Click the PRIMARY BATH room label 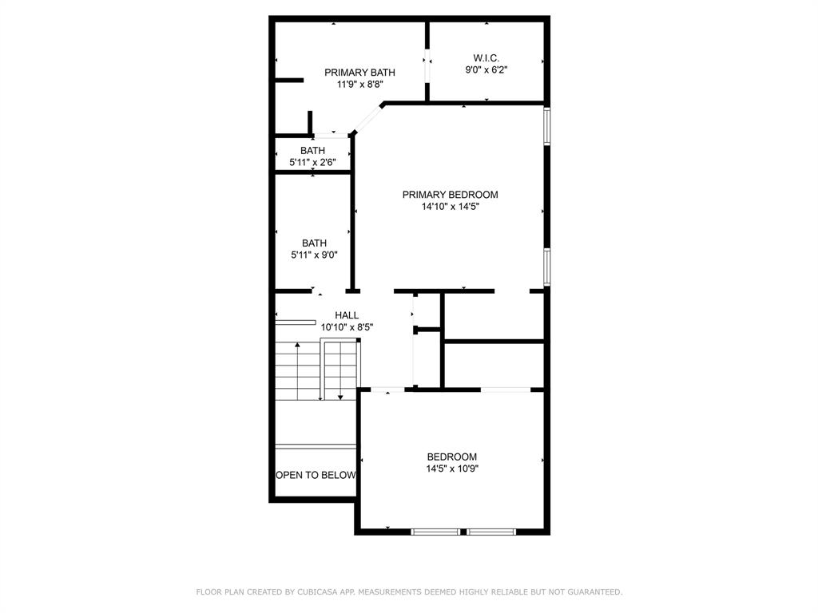[359, 73]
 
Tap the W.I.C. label [486, 58]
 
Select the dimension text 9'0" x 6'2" [486, 70]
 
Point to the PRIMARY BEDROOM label [450, 195]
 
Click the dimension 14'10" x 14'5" [450, 207]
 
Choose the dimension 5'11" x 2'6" [312, 162]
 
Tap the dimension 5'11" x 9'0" [314, 255]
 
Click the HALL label [347, 315]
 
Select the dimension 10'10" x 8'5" [347, 327]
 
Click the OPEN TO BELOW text [316, 475]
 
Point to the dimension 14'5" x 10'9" [452, 469]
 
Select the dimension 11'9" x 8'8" [359, 85]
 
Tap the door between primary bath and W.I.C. [427, 67]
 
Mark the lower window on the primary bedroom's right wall [547, 266]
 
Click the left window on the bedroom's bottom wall [435, 531]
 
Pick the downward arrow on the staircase [340, 396]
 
